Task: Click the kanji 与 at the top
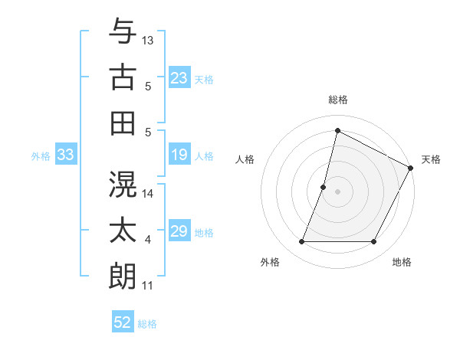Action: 123,31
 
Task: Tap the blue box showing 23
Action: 179,77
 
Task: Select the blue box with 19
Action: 179,155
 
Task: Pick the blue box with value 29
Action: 179,231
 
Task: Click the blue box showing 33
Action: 66,155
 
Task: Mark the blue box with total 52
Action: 123,322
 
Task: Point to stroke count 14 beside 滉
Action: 148,194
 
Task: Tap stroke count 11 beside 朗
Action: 148,286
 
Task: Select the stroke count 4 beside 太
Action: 148,240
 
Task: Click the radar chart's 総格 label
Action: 337,100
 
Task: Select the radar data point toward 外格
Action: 301,242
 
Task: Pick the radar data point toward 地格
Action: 374,242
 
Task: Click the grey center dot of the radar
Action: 337,191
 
